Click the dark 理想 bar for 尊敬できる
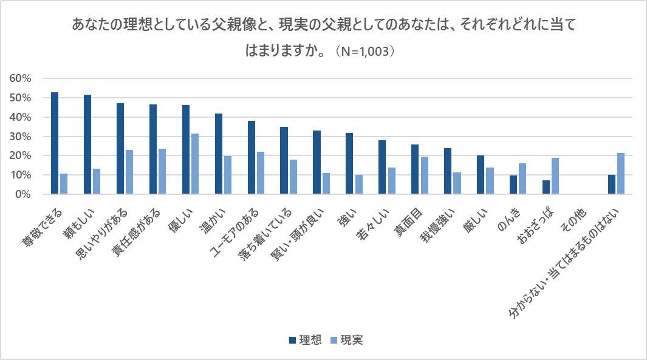(x=55, y=143)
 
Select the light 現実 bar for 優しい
(x=195, y=164)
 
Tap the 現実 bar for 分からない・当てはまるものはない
(x=621, y=174)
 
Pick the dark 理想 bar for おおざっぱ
(x=546, y=187)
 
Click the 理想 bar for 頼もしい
(x=87, y=144)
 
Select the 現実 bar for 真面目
(x=424, y=175)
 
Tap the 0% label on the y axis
(x=23, y=194)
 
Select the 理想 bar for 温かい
(x=219, y=154)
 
